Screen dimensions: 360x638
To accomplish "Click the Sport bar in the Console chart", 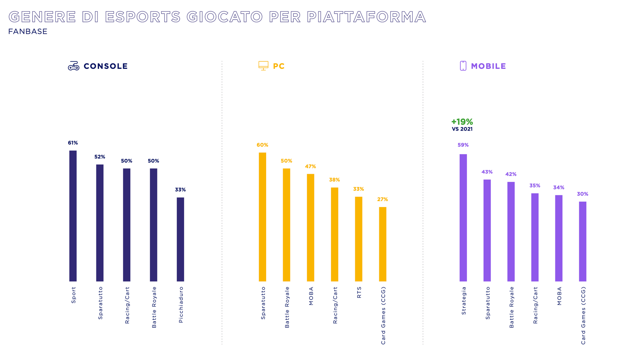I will pos(73,216).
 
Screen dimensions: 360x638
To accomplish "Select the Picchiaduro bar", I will pos(180,239).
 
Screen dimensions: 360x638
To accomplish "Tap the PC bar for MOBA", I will pos(310,227).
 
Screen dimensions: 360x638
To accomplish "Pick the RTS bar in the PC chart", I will pos(359,239).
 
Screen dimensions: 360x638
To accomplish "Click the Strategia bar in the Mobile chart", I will pos(463,218).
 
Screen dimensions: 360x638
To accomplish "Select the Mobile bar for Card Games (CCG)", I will pos(583,241).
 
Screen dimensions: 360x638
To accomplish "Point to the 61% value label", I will pos(73,143).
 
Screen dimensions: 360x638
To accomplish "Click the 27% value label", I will pos(382,199).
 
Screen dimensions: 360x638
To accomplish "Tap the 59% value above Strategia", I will pos(463,145).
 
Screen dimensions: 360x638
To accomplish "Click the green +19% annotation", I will pos(462,122).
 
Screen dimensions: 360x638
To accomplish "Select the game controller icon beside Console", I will pos(73,66).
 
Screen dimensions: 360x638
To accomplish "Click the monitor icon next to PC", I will pos(263,66).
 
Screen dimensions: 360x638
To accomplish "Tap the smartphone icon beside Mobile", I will pos(463,66).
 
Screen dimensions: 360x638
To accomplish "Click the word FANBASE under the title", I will pos(28,32).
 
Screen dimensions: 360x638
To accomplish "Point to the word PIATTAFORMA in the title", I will pos(366,17).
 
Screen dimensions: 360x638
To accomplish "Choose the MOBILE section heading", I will pos(488,66).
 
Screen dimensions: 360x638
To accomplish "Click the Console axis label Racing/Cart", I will pos(127,305).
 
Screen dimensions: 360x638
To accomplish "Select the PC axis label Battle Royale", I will pos(287,307).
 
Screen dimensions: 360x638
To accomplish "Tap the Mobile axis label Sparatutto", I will pos(487,303).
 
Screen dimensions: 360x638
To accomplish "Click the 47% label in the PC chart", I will pos(310,167).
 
